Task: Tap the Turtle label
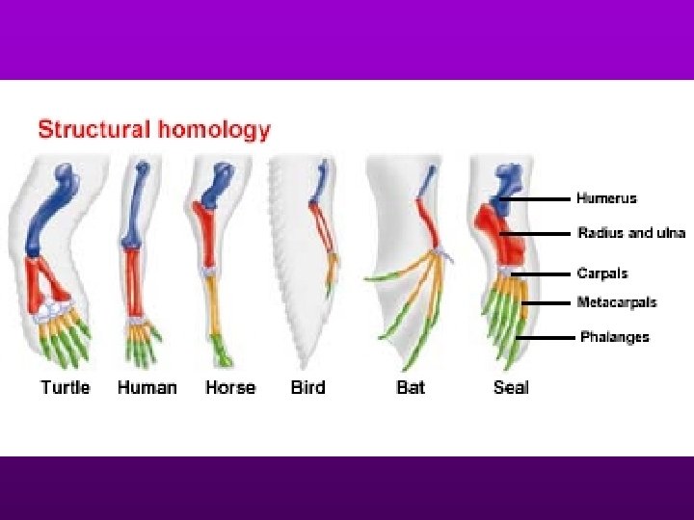pos(65,387)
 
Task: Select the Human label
pos(147,387)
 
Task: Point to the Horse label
pos(230,387)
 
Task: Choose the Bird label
pos(307,387)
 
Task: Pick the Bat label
pos(411,387)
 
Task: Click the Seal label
pos(511,387)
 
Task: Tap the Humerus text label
pos(606,198)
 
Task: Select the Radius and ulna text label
pos(631,232)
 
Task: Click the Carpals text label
pos(602,273)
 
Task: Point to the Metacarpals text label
pos(617,302)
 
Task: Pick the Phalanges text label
pos(614,337)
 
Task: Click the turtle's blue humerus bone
pos(50,217)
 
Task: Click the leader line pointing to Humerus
pos(540,199)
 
